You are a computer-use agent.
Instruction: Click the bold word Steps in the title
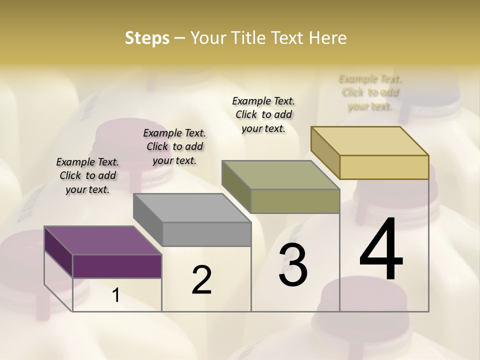tap(147, 38)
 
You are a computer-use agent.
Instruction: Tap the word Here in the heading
tap(328, 38)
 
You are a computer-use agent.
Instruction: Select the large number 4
tap(381, 250)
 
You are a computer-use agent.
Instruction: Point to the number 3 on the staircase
tap(293, 265)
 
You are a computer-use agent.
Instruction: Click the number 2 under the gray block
tap(202, 280)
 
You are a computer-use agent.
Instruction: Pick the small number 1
tap(116, 295)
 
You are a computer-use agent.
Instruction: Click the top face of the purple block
tap(102, 240)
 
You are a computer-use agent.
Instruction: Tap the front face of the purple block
tap(117, 266)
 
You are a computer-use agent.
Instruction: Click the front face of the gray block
tap(206, 234)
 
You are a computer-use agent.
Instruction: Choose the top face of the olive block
tap(281, 175)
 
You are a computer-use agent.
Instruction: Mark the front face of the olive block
tap(295, 201)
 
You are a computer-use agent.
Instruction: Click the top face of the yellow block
tap(370, 141)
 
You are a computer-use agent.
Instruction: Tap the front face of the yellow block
tap(384, 167)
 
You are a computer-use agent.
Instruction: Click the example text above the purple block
tap(87, 175)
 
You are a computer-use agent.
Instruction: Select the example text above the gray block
tap(174, 146)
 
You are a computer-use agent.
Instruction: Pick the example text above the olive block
tap(263, 114)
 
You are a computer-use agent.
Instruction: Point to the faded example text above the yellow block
tap(370, 92)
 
